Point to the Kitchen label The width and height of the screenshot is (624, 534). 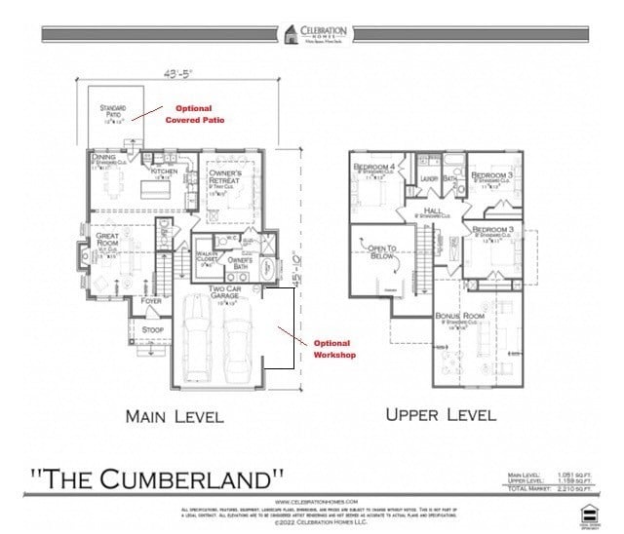click(164, 172)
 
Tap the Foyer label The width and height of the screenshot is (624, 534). click(152, 301)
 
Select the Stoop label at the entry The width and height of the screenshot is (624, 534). click(152, 329)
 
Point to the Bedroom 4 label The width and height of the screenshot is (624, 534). click(373, 168)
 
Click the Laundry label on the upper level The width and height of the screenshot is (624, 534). click(430, 178)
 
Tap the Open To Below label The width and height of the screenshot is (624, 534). click(383, 254)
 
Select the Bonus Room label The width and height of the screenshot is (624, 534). click(459, 317)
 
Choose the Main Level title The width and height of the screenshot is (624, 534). click(175, 416)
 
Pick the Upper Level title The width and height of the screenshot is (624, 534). click(441, 414)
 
